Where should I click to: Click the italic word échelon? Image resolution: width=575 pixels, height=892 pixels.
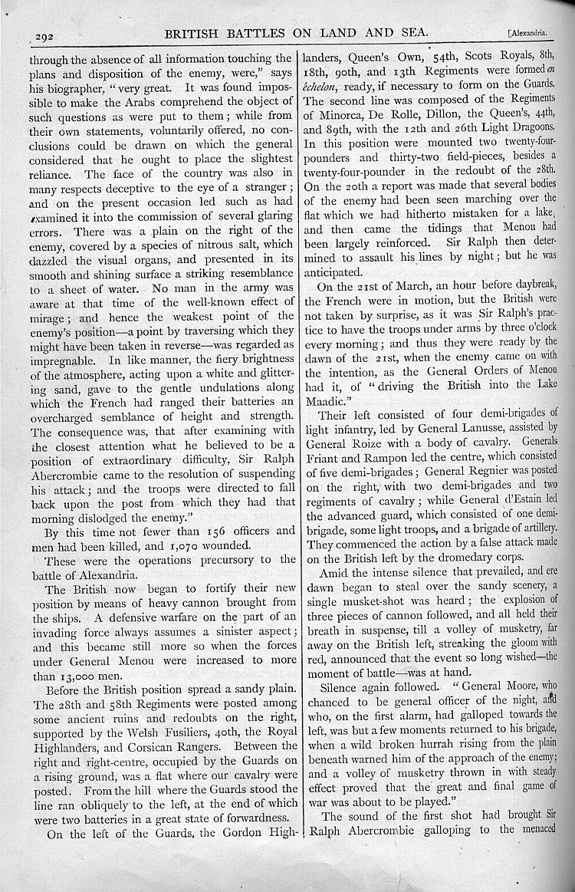328,85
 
